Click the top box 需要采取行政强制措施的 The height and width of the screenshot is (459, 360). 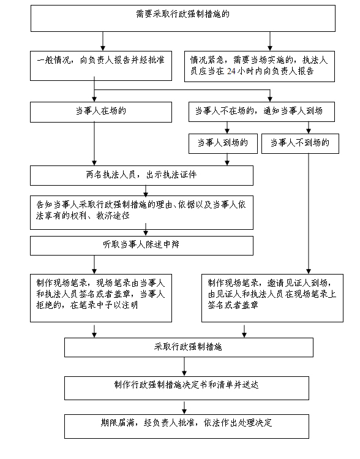[x=183, y=18]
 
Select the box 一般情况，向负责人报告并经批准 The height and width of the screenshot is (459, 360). [x=101, y=66]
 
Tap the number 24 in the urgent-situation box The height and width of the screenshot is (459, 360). [x=231, y=71]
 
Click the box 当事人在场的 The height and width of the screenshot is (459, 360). [x=101, y=112]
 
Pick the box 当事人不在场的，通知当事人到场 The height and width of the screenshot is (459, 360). [x=261, y=112]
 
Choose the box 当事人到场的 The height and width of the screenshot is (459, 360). [x=223, y=144]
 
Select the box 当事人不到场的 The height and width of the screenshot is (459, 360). [x=300, y=144]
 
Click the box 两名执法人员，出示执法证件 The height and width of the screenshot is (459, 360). [x=141, y=176]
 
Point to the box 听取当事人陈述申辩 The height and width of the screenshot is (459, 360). [x=141, y=246]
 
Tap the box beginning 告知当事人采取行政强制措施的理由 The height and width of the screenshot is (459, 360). [x=141, y=213]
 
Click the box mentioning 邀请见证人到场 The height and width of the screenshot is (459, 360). [x=272, y=298]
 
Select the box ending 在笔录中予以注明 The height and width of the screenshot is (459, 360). [x=101, y=298]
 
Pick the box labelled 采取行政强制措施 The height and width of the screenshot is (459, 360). [x=189, y=347]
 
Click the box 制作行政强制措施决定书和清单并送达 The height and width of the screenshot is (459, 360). [x=187, y=388]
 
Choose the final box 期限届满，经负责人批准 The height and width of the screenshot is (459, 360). [x=187, y=427]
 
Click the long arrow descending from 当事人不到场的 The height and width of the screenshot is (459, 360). [x=308, y=214]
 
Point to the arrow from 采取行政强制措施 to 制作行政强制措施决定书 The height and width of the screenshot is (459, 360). [x=184, y=367]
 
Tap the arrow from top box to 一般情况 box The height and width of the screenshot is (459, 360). [x=103, y=41]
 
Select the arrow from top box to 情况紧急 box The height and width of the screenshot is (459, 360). [x=270, y=41]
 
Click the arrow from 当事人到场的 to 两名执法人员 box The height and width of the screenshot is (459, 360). [x=227, y=159]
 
